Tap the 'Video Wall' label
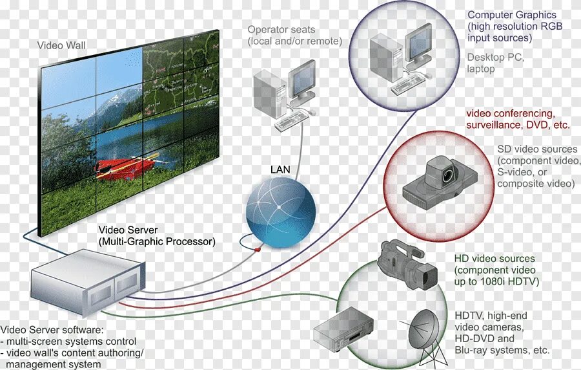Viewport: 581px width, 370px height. [x=61, y=45]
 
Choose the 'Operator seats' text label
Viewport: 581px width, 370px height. [x=281, y=30]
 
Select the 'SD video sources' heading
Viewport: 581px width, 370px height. [x=537, y=149]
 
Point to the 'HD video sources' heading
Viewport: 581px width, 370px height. [x=494, y=259]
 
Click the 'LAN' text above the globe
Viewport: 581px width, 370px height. [x=280, y=170]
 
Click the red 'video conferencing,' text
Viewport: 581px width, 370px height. [x=510, y=113]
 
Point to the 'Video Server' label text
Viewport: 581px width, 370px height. [x=128, y=230]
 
